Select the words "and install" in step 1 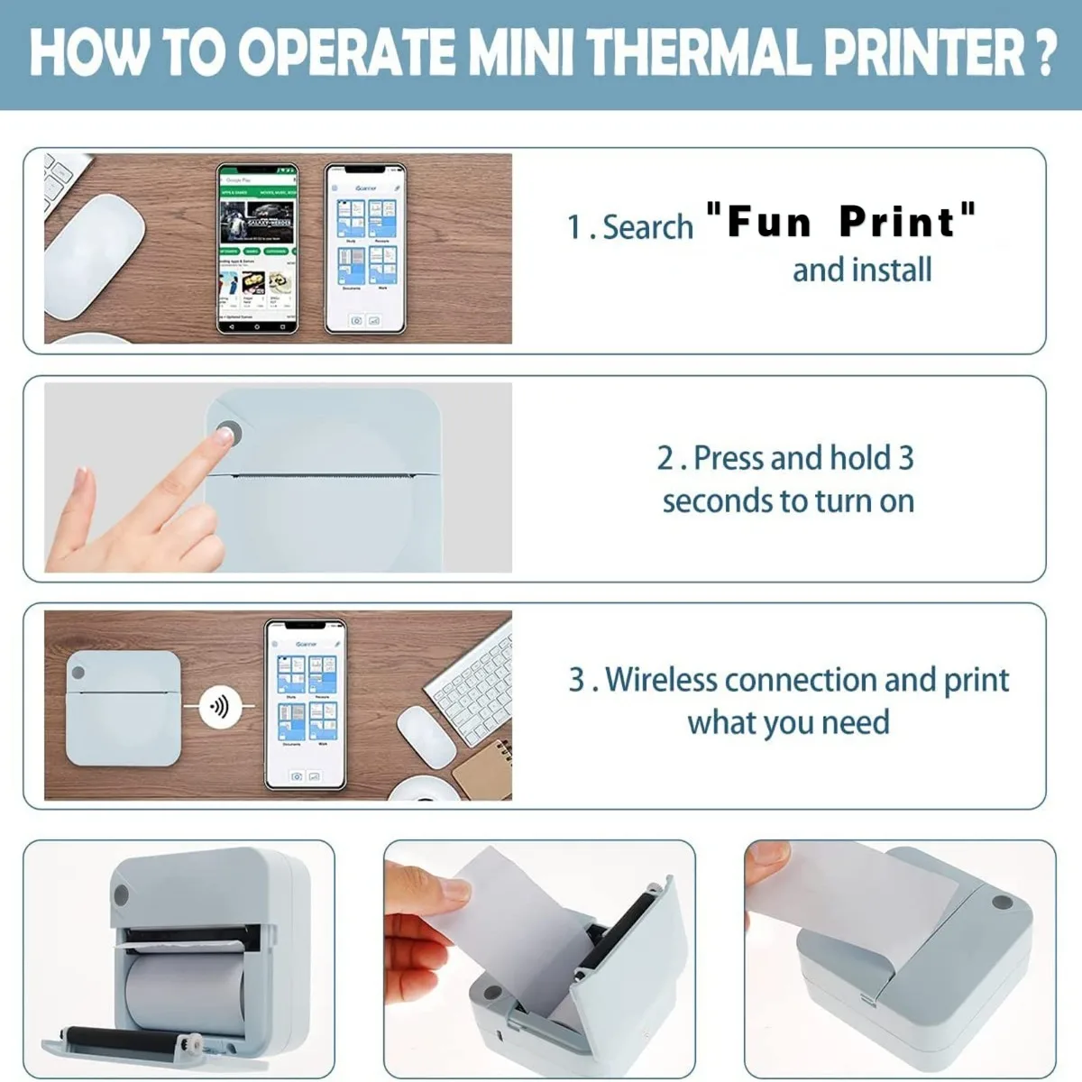tap(862, 270)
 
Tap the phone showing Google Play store tap(258, 248)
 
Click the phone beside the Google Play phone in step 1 tap(365, 248)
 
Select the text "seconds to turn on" tap(788, 500)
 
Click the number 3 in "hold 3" tap(905, 458)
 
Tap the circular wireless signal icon tap(219, 706)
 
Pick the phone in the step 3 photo tap(306, 704)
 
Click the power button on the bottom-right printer tap(1000, 902)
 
